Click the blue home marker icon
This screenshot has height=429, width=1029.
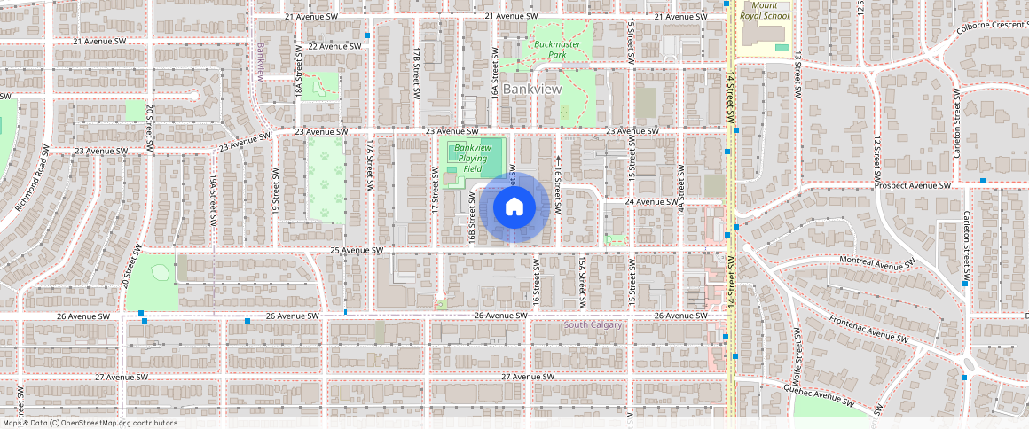tap(514, 207)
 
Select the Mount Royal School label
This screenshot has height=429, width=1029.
tap(764, 10)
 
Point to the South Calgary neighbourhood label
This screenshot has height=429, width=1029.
tap(594, 325)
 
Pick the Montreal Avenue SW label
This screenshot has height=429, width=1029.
tap(876, 264)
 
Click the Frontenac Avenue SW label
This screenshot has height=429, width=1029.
tap(868, 329)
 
